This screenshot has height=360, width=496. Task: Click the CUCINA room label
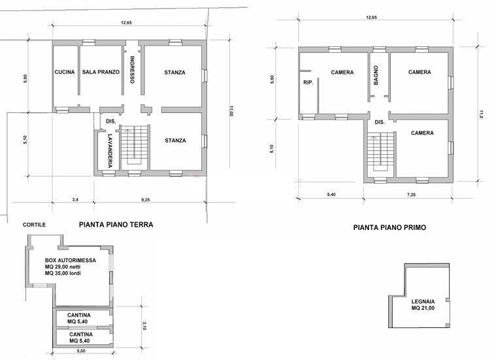click(65, 72)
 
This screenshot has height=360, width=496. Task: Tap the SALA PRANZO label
click(101, 72)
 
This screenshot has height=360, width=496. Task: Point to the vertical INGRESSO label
click(132, 70)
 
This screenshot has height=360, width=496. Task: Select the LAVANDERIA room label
click(110, 151)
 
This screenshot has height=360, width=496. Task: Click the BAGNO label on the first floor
click(376, 75)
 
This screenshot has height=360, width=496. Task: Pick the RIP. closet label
click(308, 82)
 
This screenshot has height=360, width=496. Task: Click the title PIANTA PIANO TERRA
click(116, 225)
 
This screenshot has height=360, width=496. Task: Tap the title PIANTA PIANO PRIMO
click(389, 227)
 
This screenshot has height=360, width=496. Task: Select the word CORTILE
click(34, 225)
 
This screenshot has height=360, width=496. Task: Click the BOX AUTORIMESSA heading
click(71, 260)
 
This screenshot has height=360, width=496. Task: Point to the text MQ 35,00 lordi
click(63, 273)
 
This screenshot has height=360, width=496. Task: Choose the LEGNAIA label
click(423, 302)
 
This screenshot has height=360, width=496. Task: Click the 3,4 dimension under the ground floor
click(75, 200)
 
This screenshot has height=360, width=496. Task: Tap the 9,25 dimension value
click(146, 200)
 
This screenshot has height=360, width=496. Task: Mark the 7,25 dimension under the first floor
click(411, 195)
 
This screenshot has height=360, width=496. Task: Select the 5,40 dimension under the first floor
click(331, 195)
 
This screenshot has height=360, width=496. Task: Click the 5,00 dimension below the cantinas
click(81, 351)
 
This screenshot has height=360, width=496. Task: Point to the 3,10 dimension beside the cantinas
click(144, 326)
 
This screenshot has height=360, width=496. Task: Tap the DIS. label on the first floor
click(380, 122)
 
